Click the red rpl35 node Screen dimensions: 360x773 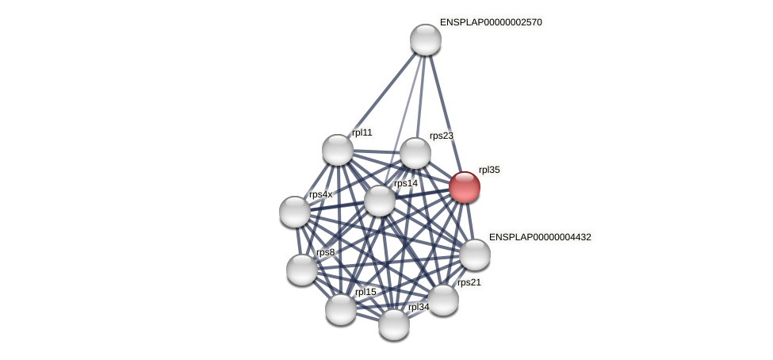[x=465, y=187]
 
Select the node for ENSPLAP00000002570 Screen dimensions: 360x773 [x=425, y=40]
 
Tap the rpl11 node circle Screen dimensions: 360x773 [x=338, y=150]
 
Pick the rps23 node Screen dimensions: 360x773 [x=415, y=153]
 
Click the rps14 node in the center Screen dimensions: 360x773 [x=380, y=200]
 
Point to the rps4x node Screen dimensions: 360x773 [x=295, y=211]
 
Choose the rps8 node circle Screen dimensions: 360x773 [x=302, y=270]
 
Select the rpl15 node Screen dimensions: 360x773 [x=341, y=308]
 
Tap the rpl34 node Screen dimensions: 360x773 [x=394, y=324]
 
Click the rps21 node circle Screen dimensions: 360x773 [x=443, y=300]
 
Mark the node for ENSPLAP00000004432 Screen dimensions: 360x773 [x=475, y=255]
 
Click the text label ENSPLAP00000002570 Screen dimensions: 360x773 [x=491, y=22]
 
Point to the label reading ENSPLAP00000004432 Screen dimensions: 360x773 [x=540, y=237]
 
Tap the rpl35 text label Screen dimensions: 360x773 [x=489, y=170]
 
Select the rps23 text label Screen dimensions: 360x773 [x=441, y=136]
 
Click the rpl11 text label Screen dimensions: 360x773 [x=362, y=132]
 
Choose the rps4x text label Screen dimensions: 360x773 [x=320, y=194]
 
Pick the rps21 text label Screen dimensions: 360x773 [x=469, y=282]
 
